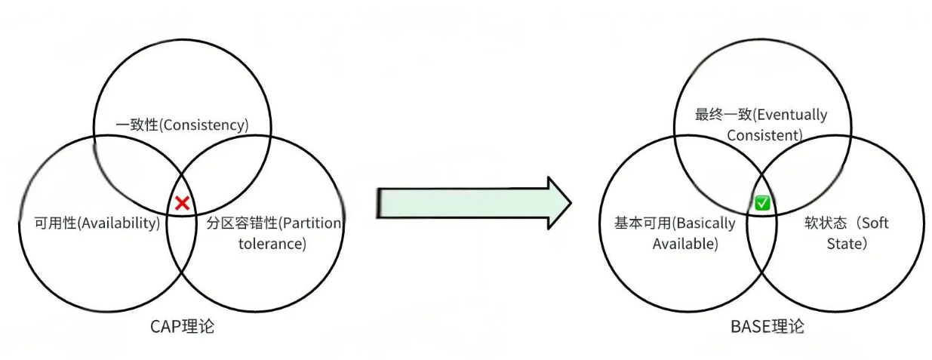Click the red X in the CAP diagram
(x=182, y=202)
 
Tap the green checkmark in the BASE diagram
(x=762, y=203)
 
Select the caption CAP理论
(x=182, y=327)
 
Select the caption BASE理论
(x=767, y=327)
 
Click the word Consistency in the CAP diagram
(x=206, y=125)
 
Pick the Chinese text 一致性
(x=137, y=125)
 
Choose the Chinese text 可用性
(x=55, y=223)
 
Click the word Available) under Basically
(x=685, y=244)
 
